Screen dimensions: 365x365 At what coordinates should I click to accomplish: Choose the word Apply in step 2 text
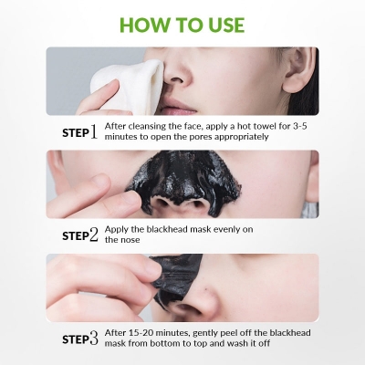119,229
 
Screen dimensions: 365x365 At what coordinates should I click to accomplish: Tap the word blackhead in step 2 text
176,229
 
